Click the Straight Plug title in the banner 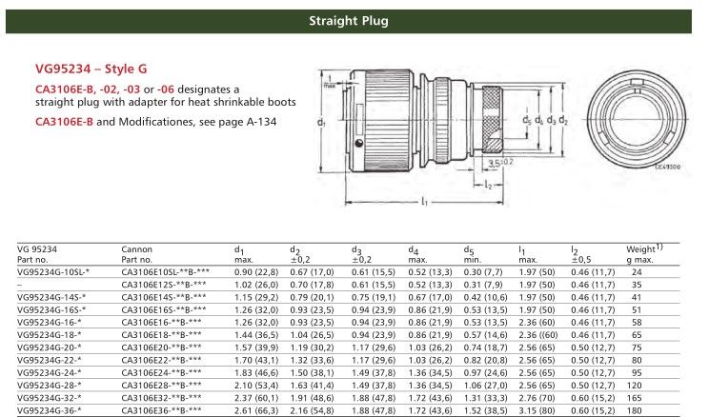(354, 20)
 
